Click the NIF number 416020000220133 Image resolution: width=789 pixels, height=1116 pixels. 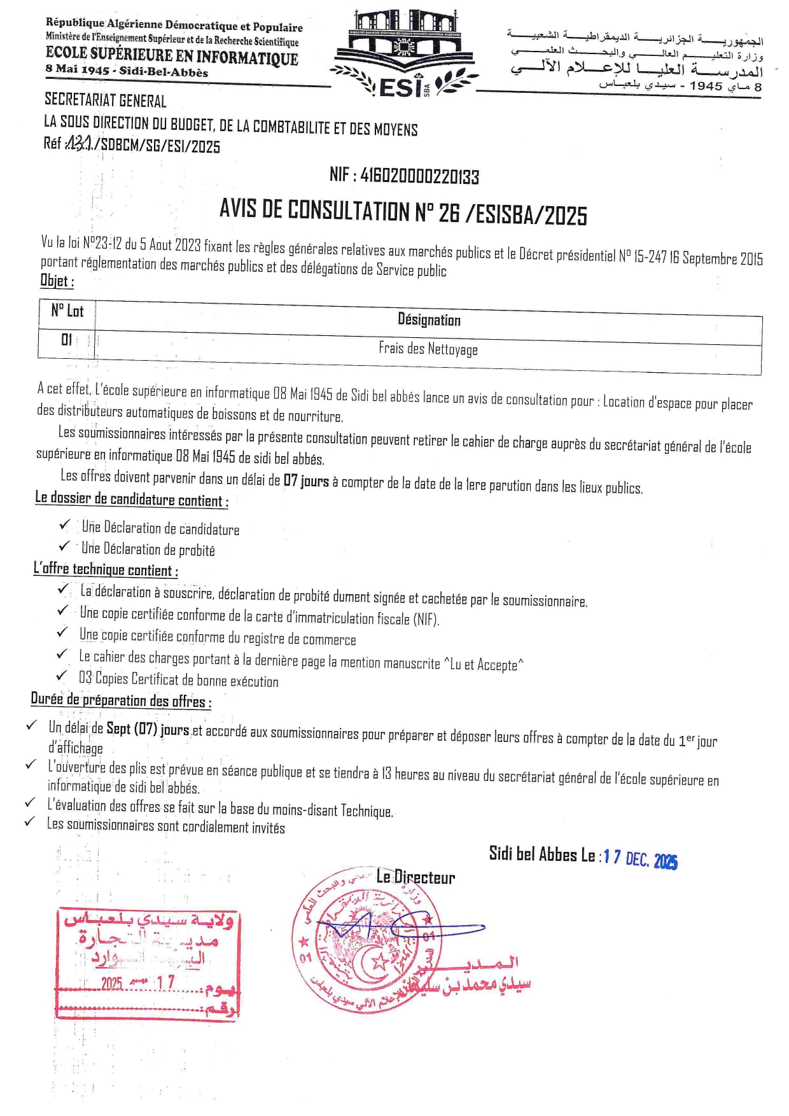(404, 176)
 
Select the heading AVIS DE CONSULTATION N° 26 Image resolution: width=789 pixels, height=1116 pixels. (403, 212)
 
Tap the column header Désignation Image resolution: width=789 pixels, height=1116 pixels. (429, 319)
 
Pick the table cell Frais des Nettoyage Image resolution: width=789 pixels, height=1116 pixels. (428, 349)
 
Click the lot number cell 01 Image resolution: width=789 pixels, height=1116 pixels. (67, 340)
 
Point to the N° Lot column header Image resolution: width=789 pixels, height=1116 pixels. (67, 311)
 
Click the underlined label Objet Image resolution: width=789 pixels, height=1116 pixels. (57, 281)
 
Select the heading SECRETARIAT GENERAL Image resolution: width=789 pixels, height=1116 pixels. (106, 101)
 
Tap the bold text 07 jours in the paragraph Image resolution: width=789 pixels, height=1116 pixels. (306, 480)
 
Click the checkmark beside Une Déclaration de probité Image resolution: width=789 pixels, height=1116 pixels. (65, 547)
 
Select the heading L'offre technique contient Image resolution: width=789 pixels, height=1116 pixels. (106, 569)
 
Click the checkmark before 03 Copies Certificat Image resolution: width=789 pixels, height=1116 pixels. (62, 676)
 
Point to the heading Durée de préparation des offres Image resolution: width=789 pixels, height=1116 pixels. (121, 701)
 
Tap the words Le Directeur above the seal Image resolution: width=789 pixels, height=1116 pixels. (415, 877)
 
